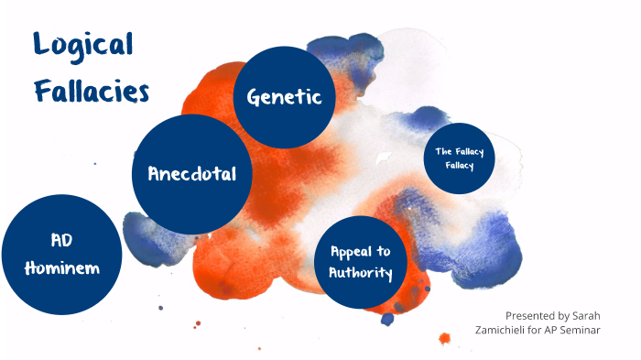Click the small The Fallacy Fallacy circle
pyautogui.click(x=459, y=158)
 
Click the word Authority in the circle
pyautogui.click(x=361, y=273)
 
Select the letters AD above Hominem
pyautogui.click(x=61, y=239)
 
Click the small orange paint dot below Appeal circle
pyautogui.click(x=444, y=338)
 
